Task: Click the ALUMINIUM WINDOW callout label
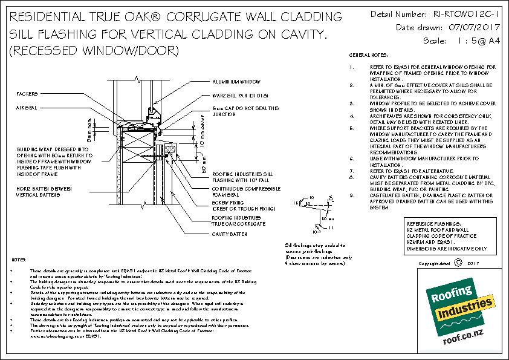(236, 80)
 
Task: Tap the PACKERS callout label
(28, 94)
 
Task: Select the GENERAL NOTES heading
(367, 55)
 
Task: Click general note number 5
(352, 128)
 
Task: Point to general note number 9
(352, 195)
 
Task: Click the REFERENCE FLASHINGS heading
(432, 223)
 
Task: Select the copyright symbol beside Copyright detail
(458, 263)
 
